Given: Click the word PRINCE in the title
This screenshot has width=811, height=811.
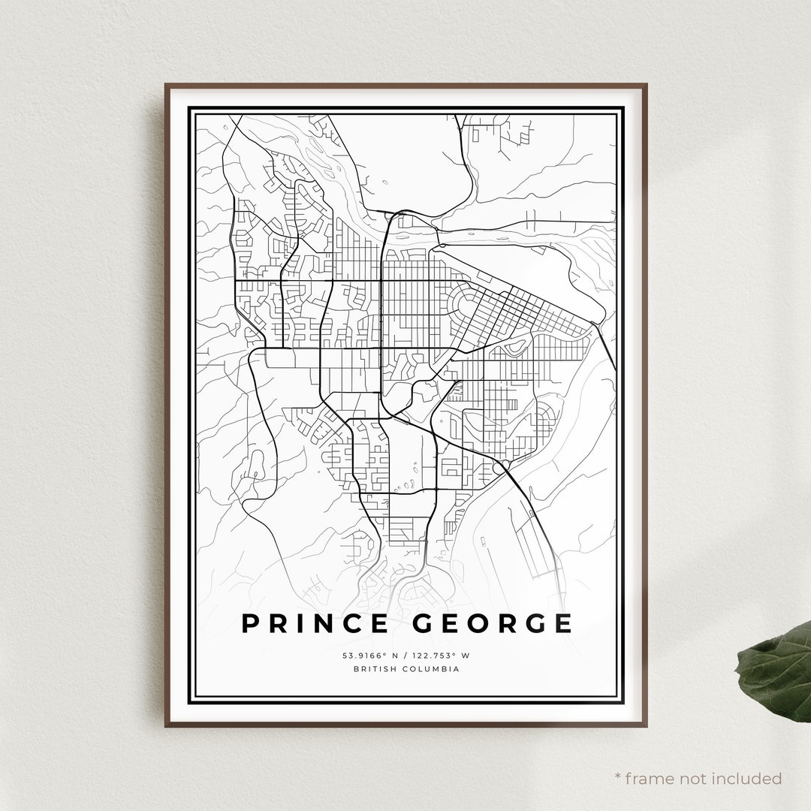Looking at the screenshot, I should point(315,623).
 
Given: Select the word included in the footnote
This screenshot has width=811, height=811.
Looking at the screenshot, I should point(748,779).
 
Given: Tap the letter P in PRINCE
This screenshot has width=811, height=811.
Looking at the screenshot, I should point(250,623).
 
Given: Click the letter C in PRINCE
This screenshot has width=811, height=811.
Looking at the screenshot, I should point(351,623).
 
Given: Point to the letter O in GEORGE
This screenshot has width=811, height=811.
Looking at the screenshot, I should point(485,623).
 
